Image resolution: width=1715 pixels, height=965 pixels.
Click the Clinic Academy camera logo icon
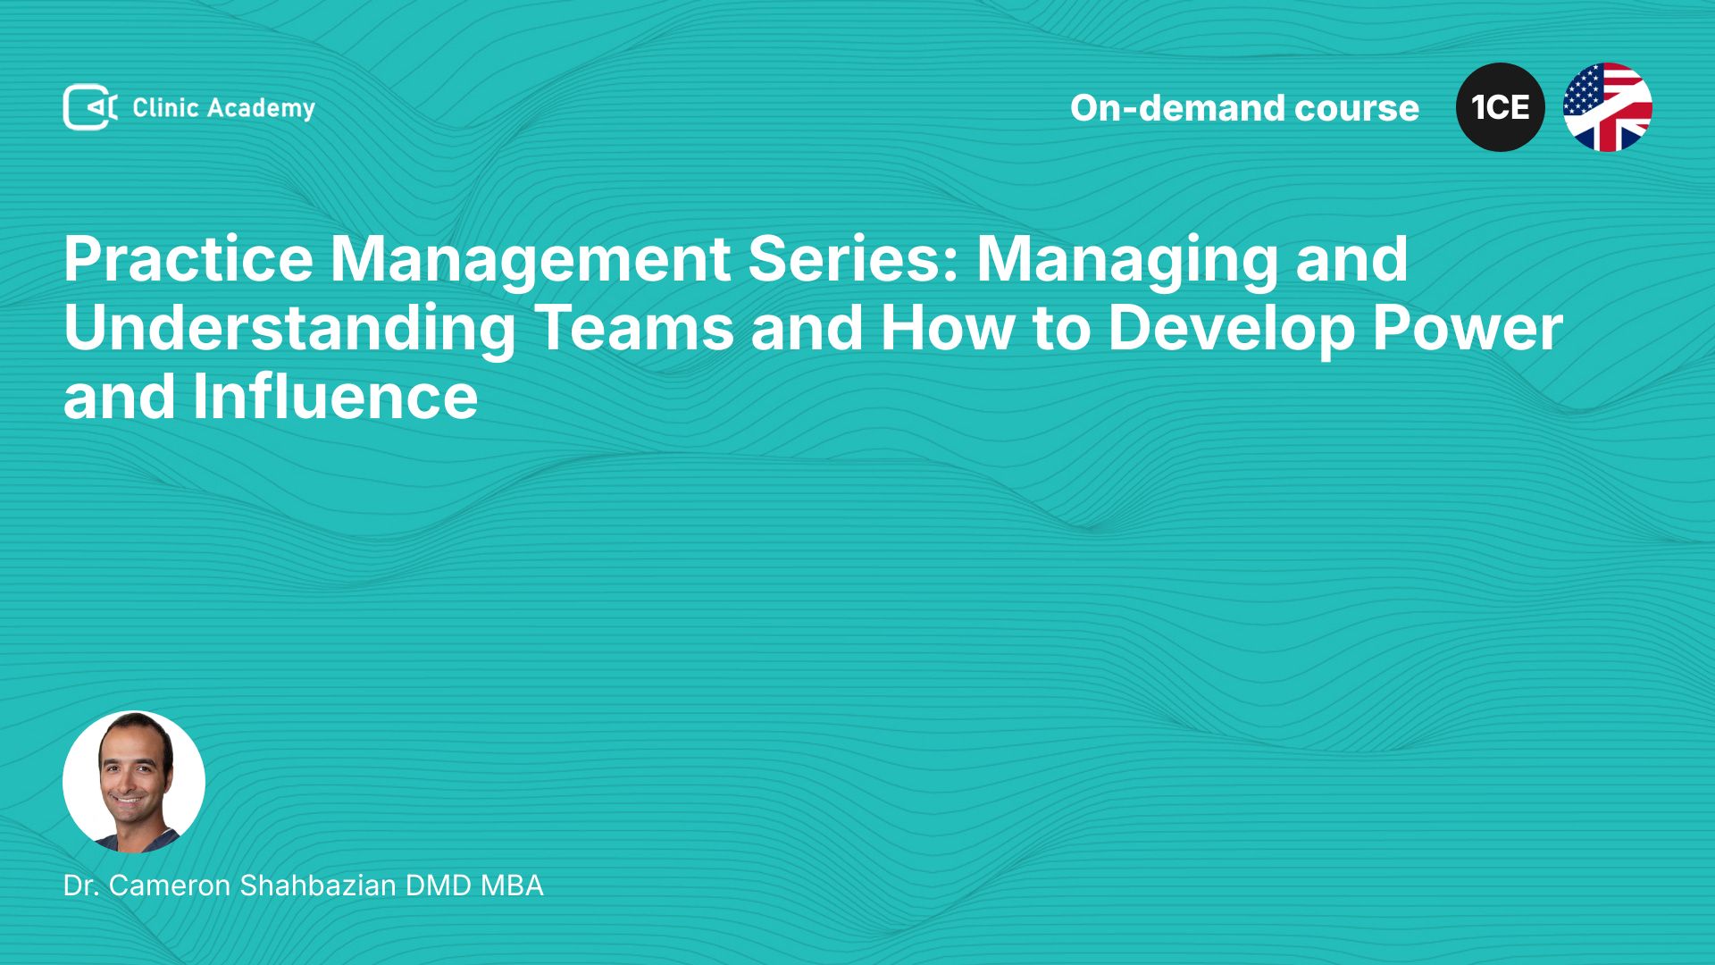coord(90,107)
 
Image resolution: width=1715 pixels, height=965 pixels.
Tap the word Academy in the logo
coord(261,109)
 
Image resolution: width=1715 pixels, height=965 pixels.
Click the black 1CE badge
coord(1501,107)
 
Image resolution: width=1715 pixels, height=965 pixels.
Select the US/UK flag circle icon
coord(1608,107)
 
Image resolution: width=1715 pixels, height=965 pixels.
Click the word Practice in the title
coord(188,259)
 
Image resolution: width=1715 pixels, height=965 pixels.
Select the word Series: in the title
coord(853,259)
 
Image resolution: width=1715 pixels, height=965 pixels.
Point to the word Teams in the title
coord(634,328)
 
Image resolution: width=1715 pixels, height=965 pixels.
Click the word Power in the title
coord(1468,328)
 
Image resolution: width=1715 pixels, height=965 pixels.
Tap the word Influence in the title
coord(335,396)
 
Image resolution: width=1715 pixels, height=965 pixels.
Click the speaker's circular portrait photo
coord(134,782)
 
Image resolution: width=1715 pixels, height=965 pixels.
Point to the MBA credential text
coord(512,885)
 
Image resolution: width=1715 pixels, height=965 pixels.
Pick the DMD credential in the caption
coord(439,885)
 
